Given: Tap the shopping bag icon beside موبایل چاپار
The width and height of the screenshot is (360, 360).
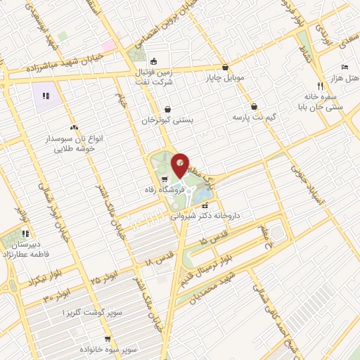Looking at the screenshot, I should point(224,67).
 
